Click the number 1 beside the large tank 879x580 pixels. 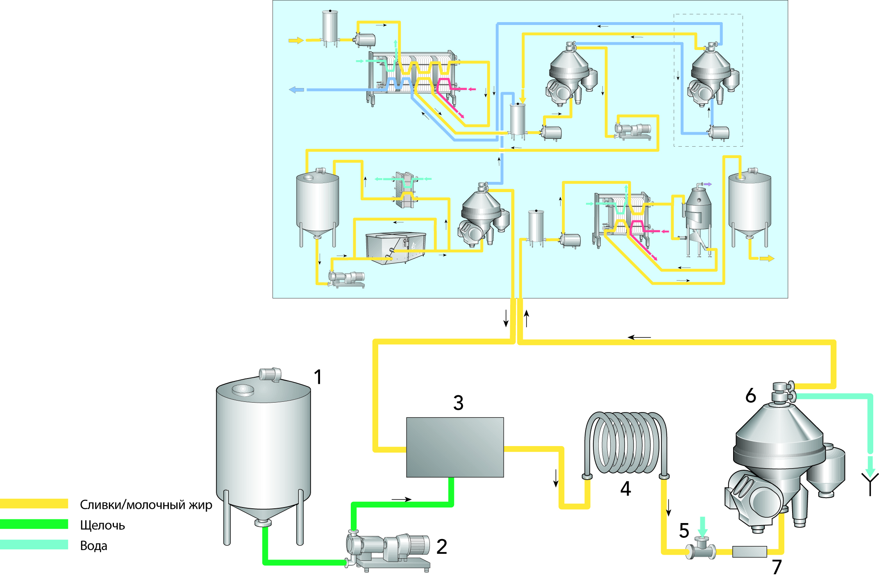pos(318,377)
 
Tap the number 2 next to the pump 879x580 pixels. pos(441,547)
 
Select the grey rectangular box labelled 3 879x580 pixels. pos(455,447)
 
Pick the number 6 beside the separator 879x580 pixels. pos(750,396)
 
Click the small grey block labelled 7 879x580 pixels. pos(750,552)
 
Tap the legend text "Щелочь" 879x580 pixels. pos(102,526)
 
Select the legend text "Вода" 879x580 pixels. pos(93,546)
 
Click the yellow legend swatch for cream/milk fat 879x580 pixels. pos(34,504)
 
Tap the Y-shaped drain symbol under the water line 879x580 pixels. pos(870,483)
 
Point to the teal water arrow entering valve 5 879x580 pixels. pos(703,526)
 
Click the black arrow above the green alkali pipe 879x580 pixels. pos(401,499)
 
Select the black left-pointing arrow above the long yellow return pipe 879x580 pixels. pos(639,338)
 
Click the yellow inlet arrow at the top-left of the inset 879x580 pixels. pos(296,40)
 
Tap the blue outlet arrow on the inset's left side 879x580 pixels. pos(296,90)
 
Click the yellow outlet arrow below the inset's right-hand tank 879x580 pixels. pos(767,258)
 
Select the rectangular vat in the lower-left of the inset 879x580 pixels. pos(395,247)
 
